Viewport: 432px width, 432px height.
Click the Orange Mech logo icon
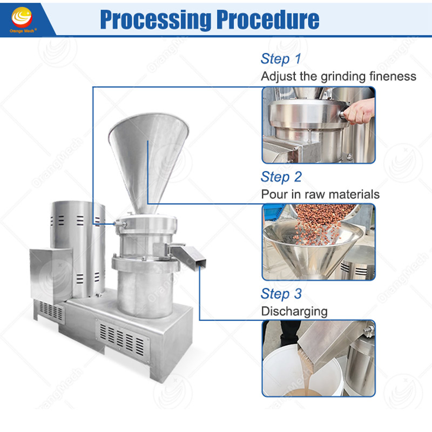click(22, 17)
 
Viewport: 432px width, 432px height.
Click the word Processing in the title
click(156, 19)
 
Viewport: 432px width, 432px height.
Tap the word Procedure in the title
click(267, 19)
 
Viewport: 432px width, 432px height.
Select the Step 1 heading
click(281, 59)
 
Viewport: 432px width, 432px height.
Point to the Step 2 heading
click(281, 177)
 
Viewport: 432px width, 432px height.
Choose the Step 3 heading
click(281, 294)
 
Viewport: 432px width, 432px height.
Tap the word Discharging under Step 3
click(294, 312)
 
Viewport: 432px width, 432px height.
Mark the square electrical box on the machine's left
click(51, 275)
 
